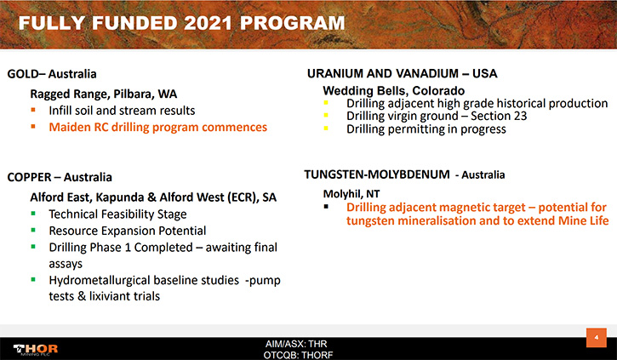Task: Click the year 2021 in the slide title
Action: click(x=208, y=23)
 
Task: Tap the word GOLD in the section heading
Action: click(x=23, y=74)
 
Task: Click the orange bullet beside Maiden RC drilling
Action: click(x=33, y=127)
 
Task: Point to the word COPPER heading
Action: click(x=30, y=177)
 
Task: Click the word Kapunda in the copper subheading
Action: click(x=120, y=197)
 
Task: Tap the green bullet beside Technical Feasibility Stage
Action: click(x=33, y=214)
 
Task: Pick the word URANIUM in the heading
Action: click(x=335, y=73)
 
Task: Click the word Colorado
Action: click(x=438, y=91)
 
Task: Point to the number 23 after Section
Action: click(x=520, y=116)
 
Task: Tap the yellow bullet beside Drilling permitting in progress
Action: click(x=326, y=128)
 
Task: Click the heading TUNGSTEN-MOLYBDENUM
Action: click(x=377, y=174)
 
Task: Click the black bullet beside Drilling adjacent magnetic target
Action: click(x=326, y=206)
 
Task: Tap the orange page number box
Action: click(x=596, y=338)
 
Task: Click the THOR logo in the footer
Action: click(x=36, y=349)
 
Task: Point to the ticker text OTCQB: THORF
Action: click(x=298, y=355)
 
